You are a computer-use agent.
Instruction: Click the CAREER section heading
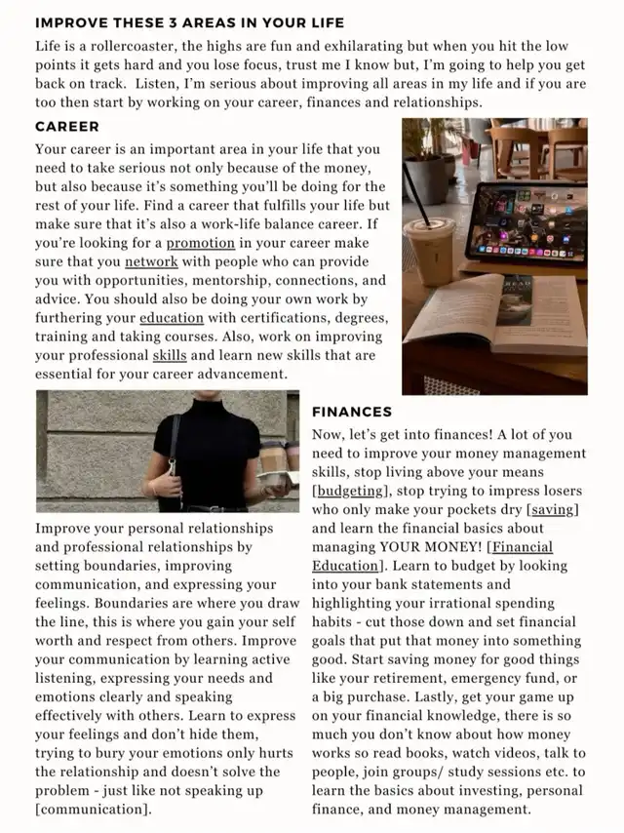click(x=66, y=127)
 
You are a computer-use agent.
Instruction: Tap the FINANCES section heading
click(x=352, y=412)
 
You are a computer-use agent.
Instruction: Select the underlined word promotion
click(x=200, y=243)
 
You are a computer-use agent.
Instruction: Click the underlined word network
click(x=151, y=261)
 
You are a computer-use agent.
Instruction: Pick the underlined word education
click(x=172, y=318)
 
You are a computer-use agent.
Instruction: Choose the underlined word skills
click(x=170, y=355)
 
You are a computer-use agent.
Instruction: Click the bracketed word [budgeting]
click(x=351, y=491)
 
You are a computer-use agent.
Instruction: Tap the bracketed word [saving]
click(x=553, y=509)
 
